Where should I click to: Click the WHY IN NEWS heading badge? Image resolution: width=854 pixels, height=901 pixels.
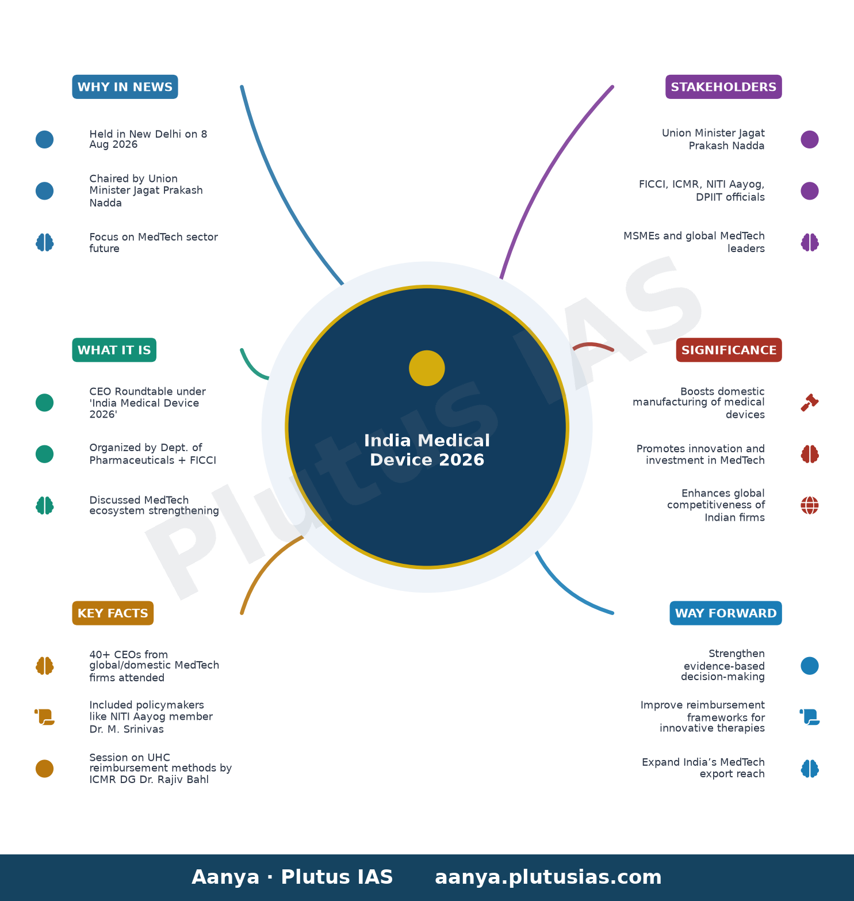125,87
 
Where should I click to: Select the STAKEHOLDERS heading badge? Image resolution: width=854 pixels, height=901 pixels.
723,87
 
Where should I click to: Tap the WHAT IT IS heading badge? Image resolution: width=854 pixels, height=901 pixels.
114,350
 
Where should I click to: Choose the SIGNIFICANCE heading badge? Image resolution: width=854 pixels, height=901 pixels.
729,350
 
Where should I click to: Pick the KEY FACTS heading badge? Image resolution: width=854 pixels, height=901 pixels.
113,613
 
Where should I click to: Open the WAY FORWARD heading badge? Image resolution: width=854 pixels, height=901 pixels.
726,613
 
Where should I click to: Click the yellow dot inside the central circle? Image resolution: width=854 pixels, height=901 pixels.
427,368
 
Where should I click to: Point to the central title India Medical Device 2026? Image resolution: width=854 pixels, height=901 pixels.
427,450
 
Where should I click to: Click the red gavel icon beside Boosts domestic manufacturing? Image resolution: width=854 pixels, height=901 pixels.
810,403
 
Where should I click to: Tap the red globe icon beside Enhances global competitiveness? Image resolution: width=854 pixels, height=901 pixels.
810,506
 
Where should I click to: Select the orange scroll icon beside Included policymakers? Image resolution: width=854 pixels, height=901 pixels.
44,717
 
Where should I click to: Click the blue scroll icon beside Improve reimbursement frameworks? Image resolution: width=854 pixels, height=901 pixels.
810,717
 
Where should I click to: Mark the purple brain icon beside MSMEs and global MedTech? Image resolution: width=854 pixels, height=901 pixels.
810,242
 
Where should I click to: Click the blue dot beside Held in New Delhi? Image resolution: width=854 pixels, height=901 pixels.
44,139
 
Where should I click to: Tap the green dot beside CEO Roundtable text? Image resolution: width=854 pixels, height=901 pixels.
44,403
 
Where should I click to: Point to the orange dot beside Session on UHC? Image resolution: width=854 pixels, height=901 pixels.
44,769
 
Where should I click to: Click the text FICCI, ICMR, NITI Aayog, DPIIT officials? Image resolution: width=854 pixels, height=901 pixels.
702,190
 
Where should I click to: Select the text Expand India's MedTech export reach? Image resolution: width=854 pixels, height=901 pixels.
703,768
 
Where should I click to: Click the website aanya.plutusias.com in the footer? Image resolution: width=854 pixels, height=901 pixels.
548,877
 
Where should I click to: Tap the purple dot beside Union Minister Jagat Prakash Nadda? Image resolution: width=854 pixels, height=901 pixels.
810,139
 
